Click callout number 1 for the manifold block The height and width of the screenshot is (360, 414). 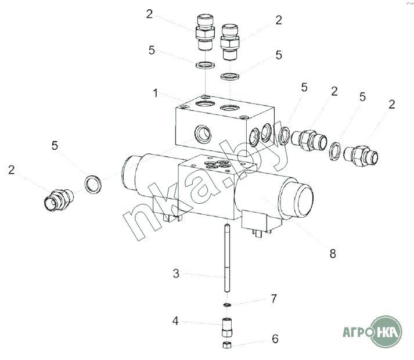pyautogui.click(x=156, y=93)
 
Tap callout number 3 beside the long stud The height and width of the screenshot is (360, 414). pyautogui.click(x=176, y=273)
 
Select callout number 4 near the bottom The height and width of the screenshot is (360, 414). pyautogui.click(x=175, y=321)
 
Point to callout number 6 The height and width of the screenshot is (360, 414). pyautogui.click(x=275, y=339)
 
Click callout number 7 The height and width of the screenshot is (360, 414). pyautogui.click(x=274, y=298)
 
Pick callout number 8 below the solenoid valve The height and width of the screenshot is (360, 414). pyautogui.click(x=333, y=254)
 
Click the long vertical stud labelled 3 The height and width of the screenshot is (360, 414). pyautogui.click(x=227, y=258)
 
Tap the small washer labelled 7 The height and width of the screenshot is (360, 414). pyautogui.click(x=227, y=305)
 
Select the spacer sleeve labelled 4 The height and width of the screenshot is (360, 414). pyautogui.click(x=227, y=327)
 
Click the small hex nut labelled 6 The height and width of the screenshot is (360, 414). pyautogui.click(x=227, y=344)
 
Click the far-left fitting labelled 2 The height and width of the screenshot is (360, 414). pyautogui.click(x=58, y=200)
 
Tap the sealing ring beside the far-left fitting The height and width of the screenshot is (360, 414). pyautogui.click(x=93, y=184)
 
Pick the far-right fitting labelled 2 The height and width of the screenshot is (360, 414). pyautogui.click(x=361, y=156)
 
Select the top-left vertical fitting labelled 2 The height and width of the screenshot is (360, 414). pyautogui.click(x=205, y=32)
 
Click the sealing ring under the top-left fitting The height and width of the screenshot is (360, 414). pyautogui.click(x=205, y=64)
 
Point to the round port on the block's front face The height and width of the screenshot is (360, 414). pyautogui.click(x=203, y=134)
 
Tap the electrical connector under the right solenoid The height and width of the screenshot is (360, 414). pyautogui.click(x=261, y=224)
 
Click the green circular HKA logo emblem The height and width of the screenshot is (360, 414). pyautogui.click(x=386, y=331)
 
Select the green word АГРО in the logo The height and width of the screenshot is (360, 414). pyautogui.click(x=358, y=332)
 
